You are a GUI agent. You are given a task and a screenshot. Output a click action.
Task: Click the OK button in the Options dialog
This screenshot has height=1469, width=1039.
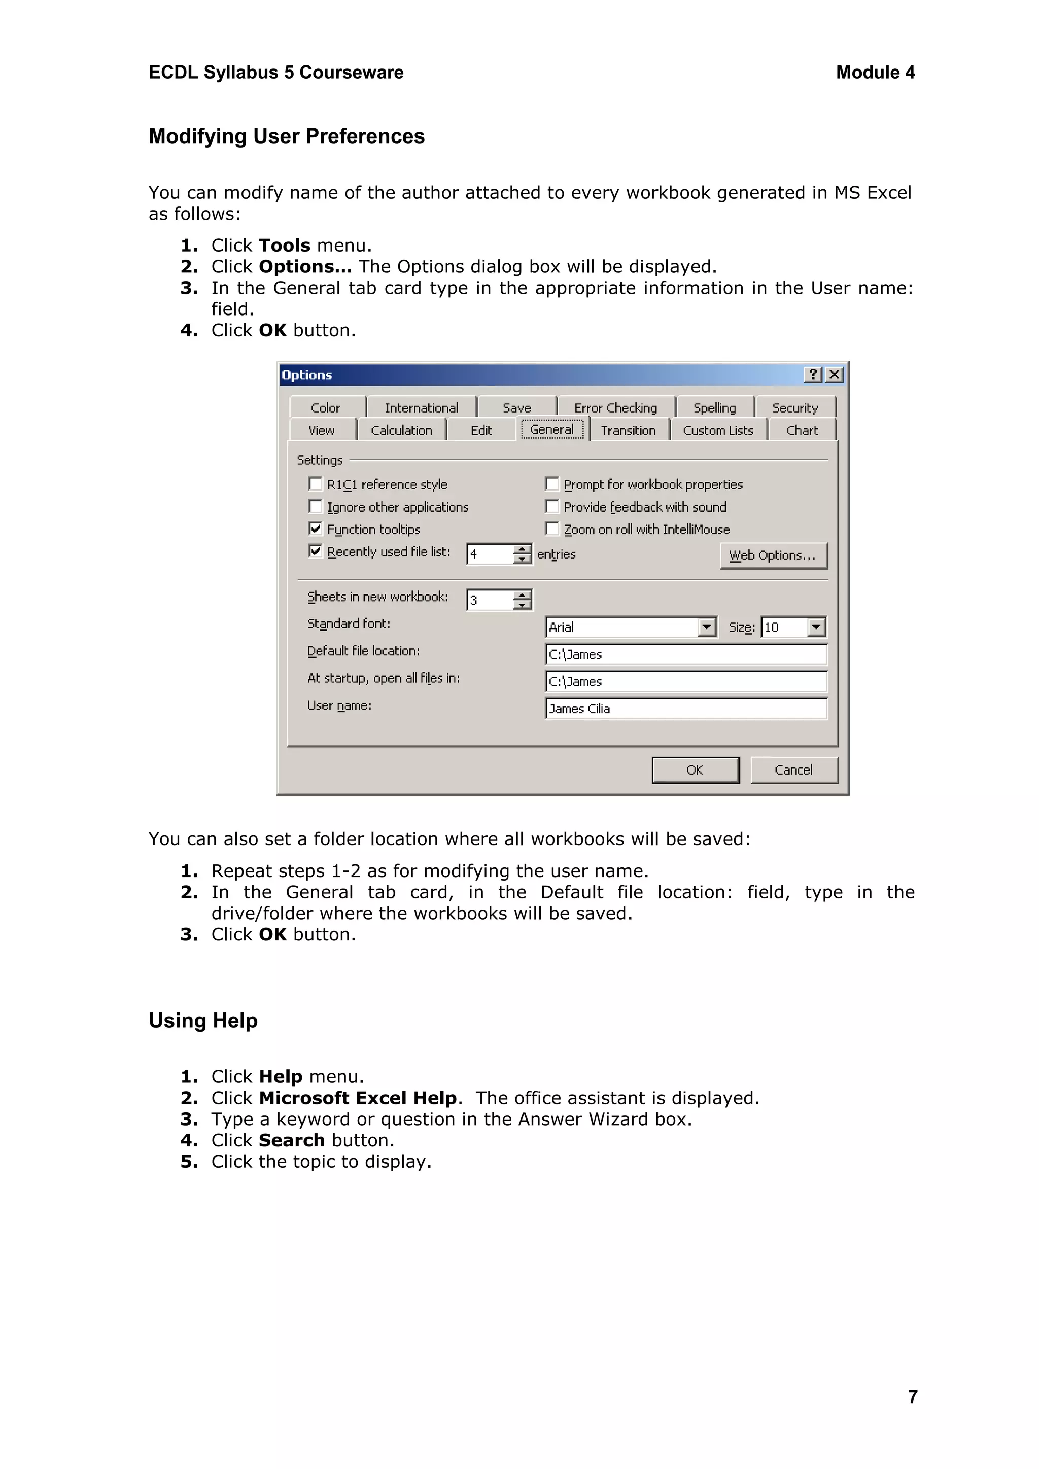click(695, 770)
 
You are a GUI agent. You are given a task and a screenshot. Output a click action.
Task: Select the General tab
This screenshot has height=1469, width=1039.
click(551, 429)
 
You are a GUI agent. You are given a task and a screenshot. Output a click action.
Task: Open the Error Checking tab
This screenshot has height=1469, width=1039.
click(615, 407)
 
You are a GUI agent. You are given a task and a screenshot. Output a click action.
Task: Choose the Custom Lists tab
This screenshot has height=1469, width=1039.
click(718, 430)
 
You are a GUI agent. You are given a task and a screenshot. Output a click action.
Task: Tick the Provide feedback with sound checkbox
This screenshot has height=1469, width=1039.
click(552, 506)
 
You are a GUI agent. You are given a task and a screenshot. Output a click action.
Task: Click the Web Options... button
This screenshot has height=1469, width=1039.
click(773, 555)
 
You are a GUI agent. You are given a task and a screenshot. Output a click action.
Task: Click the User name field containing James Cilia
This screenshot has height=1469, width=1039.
click(686, 708)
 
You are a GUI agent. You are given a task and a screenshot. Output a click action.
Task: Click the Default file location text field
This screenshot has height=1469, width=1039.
click(686, 654)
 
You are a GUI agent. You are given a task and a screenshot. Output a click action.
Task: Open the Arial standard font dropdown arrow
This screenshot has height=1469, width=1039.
click(706, 627)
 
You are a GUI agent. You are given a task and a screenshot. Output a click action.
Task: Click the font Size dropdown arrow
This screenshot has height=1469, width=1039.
click(816, 627)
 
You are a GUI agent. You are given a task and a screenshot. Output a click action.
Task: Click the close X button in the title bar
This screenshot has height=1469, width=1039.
click(834, 374)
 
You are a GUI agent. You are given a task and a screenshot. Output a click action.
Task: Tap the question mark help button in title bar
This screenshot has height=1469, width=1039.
click(813, 374)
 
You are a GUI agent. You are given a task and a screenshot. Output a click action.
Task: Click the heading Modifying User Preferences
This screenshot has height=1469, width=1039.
click(287, 136)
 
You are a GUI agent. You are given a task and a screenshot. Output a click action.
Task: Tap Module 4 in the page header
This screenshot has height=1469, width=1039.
click(875, 73)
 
